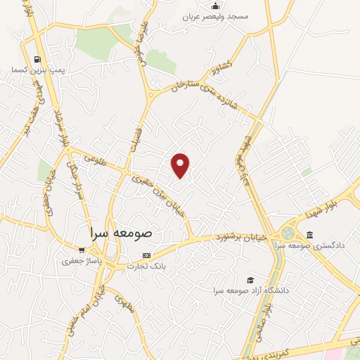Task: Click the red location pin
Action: (181, 165)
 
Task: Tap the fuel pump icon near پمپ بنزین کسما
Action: (36, 59)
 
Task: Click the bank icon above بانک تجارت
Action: (146, 255)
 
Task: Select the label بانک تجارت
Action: (146, 266)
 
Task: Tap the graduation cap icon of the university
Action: (247, 279)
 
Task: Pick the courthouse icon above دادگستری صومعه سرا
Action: (310, 235)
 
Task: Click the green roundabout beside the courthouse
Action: (288, 233)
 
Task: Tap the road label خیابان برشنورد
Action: (242, 238)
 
